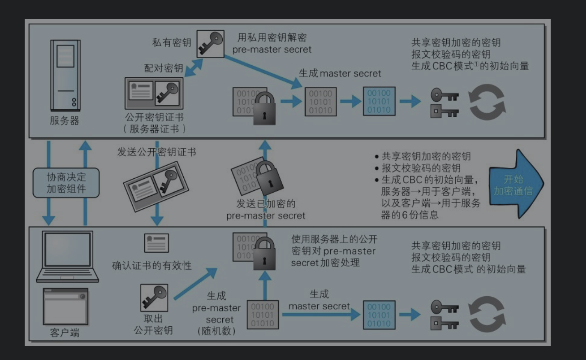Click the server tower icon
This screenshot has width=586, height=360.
pyautogui.click(x=65, y=75)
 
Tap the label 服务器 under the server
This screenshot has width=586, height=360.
pyautogui.click(x=65, y=120)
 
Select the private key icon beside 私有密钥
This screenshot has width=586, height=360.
pyautogui.click(x=210, y=44)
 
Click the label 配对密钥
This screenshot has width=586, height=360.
pyautogui.click(x=164, y=68)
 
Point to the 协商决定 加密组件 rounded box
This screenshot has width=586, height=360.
pyautogui.click(x=66, y=182)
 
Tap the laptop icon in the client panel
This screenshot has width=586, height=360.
pyautogui.click(x=67, y=256)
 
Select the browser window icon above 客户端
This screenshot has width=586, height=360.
pyautogui.click(x=66, y=306)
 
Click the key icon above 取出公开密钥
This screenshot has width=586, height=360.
pyautogui.click(x=154, y=298)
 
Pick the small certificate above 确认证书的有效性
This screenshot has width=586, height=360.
pyautogui.click(x=157, y=243)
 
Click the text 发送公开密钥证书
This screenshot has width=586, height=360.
pyautogui.click(x=157, y=152)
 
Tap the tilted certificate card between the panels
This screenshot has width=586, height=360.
pyautogui.click(x=156, y=187)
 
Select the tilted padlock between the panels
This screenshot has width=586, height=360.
pyautogui.click(x=269, y=178)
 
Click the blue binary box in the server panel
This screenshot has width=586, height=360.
pyautogui.click(x=379, y=101)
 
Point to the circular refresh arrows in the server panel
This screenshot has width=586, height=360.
pyautogui.click(x=487, y=102)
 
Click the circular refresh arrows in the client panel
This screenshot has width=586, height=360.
pyautogui.click(x=487, y=314)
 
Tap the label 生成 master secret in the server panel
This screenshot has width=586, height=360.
pyautogui.click(x=340, y=73)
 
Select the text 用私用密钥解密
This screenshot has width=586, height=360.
pyautogui.click(x=272, y=38)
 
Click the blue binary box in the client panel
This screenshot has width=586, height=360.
pyautogui.click(x=379, y=315)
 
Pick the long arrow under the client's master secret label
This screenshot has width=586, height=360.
pyautogui.click(x=321, y=314)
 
